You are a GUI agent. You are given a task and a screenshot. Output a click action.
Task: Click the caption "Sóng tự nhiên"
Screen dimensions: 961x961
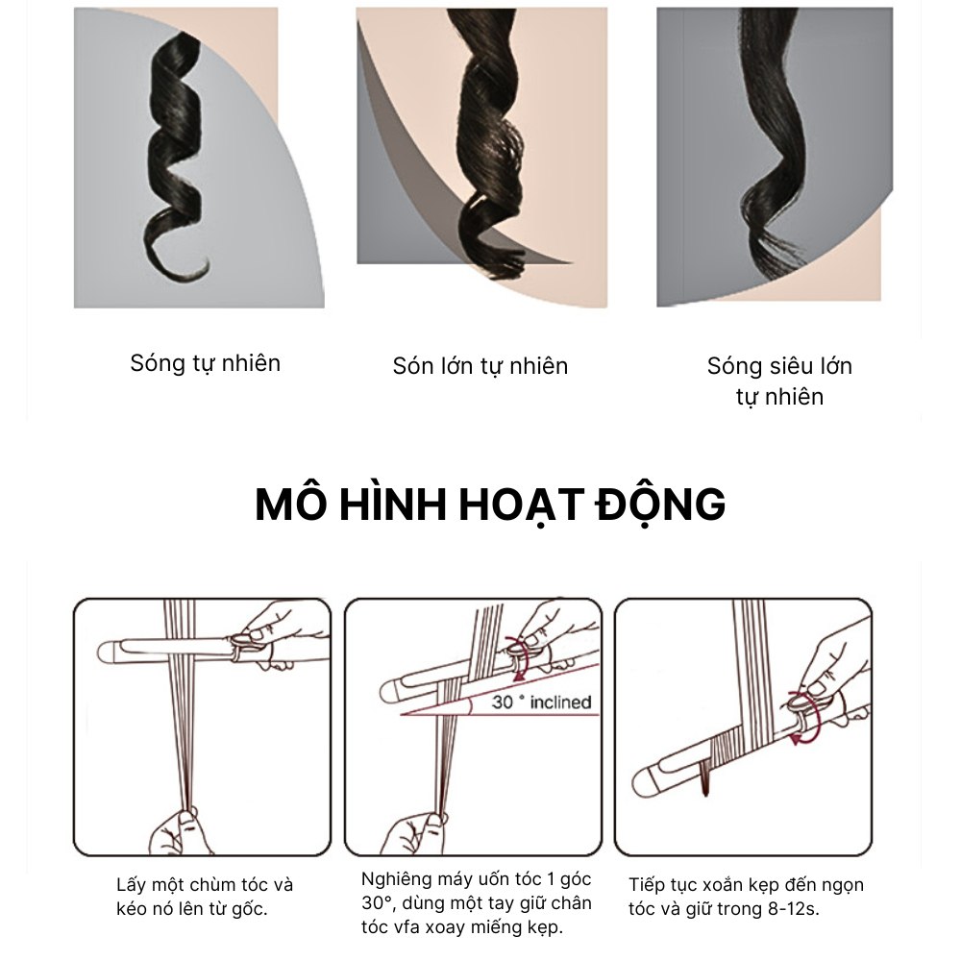pos(206,363)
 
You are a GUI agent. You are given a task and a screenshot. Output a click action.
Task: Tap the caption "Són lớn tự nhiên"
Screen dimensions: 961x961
pos(480,366)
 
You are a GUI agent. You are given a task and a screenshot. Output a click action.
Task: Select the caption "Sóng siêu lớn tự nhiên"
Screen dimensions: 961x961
pos(779,382)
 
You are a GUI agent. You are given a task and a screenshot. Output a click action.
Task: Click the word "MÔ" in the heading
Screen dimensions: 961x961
pos(290,504)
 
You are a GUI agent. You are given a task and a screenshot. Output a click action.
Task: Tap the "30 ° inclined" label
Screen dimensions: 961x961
pos(541,702)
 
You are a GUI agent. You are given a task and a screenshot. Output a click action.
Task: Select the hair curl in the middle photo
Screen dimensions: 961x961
pos(490,141)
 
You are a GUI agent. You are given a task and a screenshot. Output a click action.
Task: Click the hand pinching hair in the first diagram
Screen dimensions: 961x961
pos(178,830)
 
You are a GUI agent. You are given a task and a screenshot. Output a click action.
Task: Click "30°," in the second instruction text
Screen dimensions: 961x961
pos(378,902)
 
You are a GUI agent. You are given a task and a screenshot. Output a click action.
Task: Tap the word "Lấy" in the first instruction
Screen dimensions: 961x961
pos(131,886)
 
